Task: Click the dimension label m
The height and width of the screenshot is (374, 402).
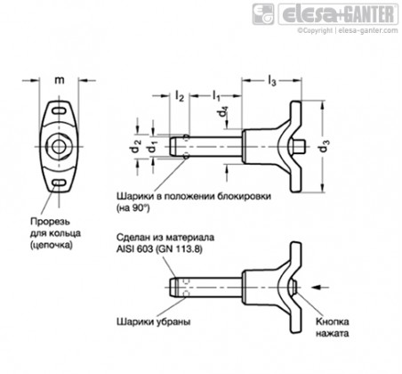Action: coord(60,80)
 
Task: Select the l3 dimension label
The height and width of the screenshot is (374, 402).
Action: coord(272,80)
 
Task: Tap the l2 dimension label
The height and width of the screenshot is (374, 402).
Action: coord(180,96)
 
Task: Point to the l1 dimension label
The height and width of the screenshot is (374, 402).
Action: coord(216,96)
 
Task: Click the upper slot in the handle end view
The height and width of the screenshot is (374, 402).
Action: coord(60,111)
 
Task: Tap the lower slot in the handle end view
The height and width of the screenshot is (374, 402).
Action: coord(60,183)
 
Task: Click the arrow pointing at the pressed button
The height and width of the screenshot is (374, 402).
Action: coord(321,287)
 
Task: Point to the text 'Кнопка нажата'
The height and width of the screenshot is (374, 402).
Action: coord(332,328)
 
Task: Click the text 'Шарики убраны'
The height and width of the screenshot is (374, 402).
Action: coord(154,321)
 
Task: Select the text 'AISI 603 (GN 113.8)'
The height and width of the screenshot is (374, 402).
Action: coord(159,249)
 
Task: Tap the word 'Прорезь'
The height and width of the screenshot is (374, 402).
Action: coord(51,222)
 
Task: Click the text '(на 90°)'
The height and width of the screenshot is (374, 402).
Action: coord(133,208)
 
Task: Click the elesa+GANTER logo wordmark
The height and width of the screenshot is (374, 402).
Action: coord(339,14)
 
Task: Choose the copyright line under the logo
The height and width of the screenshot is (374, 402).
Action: coord(348,30)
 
